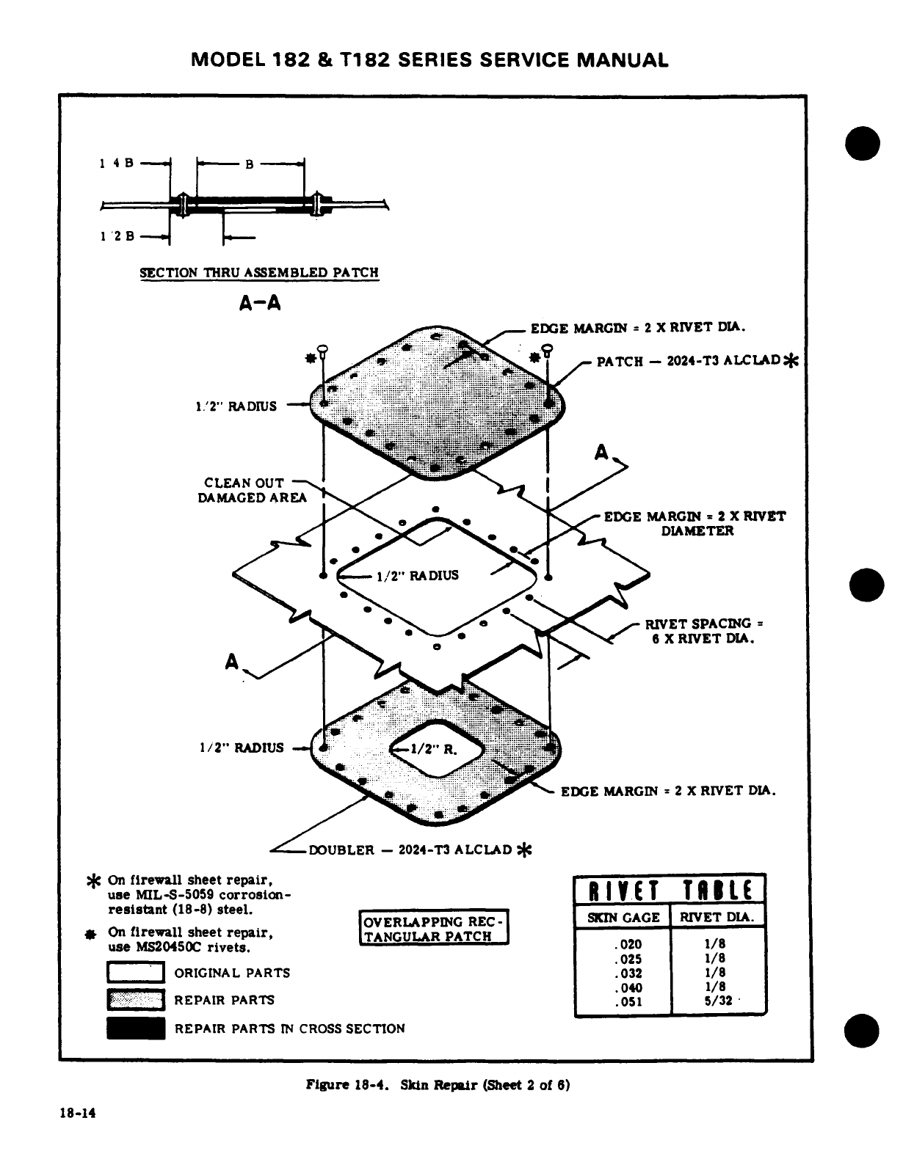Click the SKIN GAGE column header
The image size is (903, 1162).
pos(623,917)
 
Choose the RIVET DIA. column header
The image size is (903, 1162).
pos(718,917)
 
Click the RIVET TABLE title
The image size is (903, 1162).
pos(670,890)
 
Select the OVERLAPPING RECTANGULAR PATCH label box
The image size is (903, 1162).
pos(434,929)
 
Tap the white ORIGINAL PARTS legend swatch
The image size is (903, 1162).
pos(136,973)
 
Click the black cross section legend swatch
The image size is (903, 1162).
pos(136,1028)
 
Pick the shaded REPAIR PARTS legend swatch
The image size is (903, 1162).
pos(136,1000)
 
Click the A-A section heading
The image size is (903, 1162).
pos(259,303)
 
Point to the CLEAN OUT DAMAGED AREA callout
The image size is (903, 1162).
pos(244,491)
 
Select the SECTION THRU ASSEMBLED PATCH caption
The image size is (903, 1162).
pos(259,273)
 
